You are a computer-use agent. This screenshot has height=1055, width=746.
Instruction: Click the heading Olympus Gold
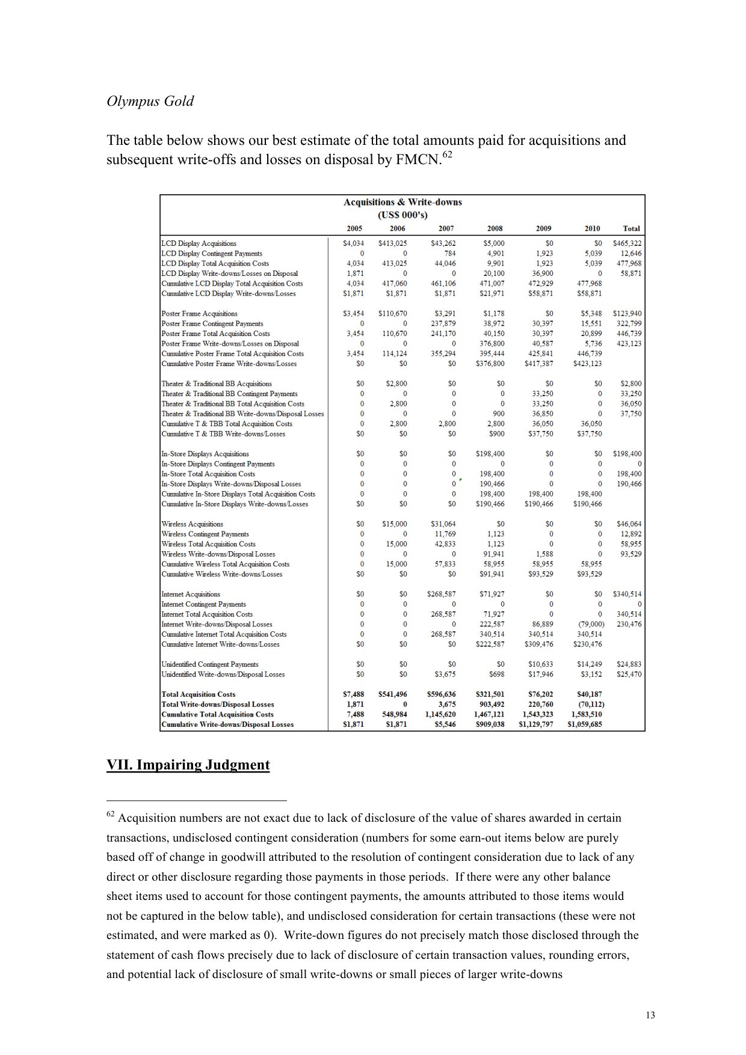click(x=150, y=101)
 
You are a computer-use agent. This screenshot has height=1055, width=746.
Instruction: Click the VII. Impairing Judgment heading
click(x=188, y=765)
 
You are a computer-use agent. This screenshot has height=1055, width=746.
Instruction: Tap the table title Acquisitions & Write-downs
click(x=402, y=202)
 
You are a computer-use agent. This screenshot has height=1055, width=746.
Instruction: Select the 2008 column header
click(x=495, y=228)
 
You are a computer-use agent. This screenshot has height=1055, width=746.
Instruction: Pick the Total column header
click(x=631, y=228)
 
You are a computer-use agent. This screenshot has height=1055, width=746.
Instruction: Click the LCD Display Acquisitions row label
click(x=199, y=243)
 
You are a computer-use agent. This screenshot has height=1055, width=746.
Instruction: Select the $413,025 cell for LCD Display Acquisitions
click(x=392, y=243)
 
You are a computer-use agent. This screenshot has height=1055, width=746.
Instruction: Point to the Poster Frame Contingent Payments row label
click(x=212, y=323)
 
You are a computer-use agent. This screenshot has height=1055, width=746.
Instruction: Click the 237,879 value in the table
click(x=443, y=323)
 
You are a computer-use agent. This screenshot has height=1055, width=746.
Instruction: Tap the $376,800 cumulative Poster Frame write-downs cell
click(x=490, y=364)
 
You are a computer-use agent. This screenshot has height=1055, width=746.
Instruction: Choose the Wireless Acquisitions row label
click(x=192, y=524)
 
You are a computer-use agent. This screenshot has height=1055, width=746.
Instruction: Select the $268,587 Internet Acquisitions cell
click(x=443, y=594)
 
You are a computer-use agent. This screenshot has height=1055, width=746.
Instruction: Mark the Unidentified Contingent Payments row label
click(x=209, y=664)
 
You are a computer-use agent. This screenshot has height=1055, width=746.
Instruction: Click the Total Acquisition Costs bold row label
click(x=198, y=694)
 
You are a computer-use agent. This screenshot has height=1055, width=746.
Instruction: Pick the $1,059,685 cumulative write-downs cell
click(x=584, y=724)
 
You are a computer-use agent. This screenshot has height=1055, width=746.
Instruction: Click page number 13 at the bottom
click(x=650, y=1015)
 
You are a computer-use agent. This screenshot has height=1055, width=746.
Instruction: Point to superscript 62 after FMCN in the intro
click(x=447, y=156)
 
